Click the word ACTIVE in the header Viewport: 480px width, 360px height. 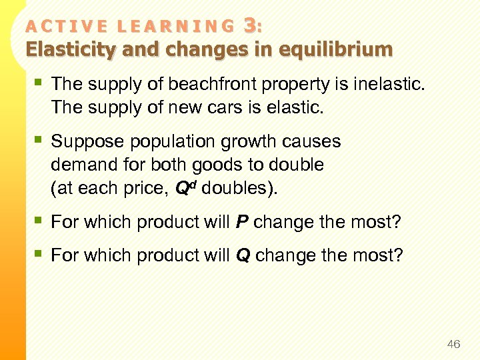coord(58,27)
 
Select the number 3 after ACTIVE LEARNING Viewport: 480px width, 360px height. coord(250,25)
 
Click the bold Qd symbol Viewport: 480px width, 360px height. coord(185,187)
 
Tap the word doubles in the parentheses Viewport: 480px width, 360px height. coord(234,187)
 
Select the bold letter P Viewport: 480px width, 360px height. coord(243,222)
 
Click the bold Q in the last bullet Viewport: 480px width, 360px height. coord(244,255)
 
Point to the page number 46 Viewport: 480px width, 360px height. coord(453,344)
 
